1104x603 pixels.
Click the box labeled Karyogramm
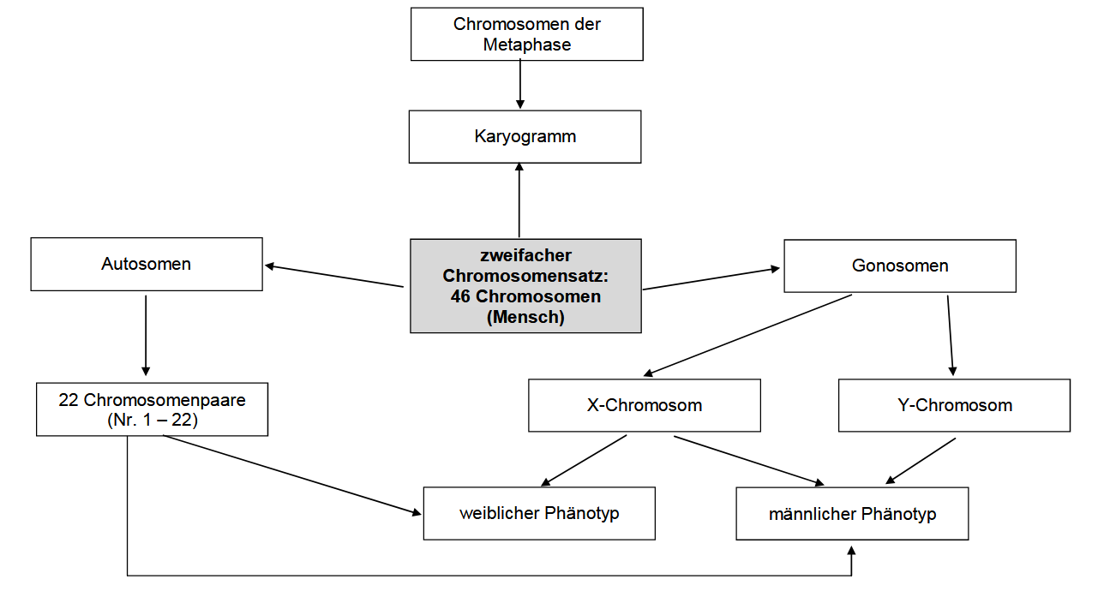coord(525,137)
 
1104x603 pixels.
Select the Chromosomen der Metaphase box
coord(526,34)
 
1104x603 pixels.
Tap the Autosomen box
coord(146,265)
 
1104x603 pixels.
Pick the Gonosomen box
coord(899,266)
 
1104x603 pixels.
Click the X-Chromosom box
coord(644,405)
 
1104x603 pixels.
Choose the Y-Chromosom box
coord(954,405)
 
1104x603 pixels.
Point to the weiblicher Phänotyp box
coord(539,514)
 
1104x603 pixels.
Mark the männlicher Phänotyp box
coord(852,514)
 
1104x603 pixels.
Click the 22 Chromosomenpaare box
coord(152,409)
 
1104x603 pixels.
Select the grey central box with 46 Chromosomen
coord(525,286)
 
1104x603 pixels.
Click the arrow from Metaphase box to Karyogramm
coord(520,85)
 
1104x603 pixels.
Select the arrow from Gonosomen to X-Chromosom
coord(747,335)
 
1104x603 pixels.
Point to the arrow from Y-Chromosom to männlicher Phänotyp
coord(921,462)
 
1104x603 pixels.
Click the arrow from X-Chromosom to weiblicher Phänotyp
coord(585,461)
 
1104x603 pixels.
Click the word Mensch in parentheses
coord(525,318)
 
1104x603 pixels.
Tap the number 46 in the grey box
coord(460,297)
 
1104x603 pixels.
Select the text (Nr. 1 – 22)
coord(152,421)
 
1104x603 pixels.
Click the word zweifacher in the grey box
coord(525,255)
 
